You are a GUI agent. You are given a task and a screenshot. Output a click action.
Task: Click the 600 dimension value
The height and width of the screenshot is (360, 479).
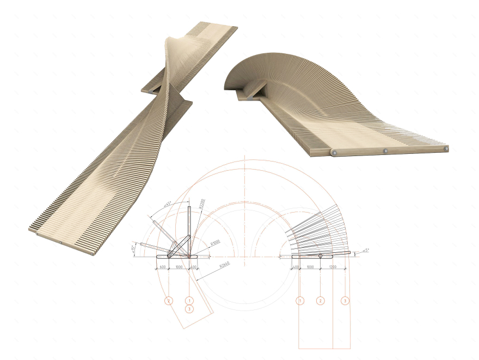coord(162,268)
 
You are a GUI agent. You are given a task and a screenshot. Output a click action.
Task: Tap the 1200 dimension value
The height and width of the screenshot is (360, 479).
coord(333,268)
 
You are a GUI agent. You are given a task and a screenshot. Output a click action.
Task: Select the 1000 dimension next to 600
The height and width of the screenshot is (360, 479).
coord(179,268)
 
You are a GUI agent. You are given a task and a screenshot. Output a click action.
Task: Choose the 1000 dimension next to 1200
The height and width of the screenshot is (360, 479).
coord(310,268)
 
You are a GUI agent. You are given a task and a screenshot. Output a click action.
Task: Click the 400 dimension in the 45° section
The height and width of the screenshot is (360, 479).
coord(193,268)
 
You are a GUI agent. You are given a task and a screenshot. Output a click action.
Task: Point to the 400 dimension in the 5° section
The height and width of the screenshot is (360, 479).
coord(296,268)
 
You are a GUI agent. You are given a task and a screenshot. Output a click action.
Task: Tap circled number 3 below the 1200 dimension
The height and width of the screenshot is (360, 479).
coord(344,300)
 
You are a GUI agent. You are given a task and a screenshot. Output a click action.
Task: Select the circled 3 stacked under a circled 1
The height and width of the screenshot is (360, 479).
coord(189,309)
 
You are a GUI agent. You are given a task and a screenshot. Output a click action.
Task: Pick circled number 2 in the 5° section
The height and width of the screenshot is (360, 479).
coord(321,300)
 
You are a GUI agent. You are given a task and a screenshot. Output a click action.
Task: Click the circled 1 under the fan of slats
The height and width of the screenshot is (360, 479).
coord(299,300)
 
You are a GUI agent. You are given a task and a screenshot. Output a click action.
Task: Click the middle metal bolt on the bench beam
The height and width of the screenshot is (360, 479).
coord(385,150)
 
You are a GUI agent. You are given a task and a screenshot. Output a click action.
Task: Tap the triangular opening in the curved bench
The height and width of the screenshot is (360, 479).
coord(257,91)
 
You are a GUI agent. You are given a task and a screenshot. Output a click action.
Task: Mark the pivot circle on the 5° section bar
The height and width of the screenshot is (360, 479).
coord(321,255)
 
